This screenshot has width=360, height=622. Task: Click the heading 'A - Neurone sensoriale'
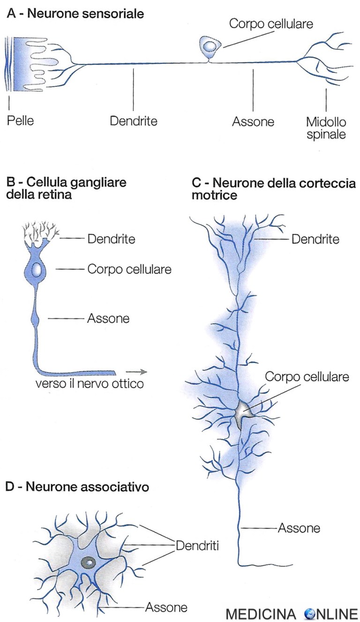pyautogui.click(x=75, y=14)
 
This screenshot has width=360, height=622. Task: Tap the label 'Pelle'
pyautogui.click(x=20, y=121)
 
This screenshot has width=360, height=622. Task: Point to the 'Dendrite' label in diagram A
pyautogui.click(x=133, y=121)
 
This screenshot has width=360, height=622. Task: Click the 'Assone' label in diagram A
pyautogui.click(x=253, y=122)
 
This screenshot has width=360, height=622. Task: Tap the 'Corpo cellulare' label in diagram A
pyautogui.click(x=271, y=23)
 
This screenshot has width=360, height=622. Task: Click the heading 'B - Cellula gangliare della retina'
pyautogui.click(x=66, y=187)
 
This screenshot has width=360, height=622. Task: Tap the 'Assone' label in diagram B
pyautogui.click(x=108, y=319)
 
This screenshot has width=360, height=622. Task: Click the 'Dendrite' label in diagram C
pyautogui.click(x=315, y=239)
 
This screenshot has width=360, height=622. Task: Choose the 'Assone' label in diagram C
pyautogui.click(x=299, y=528)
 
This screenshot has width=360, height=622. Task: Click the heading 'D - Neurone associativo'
pyautogui.click(x=77, y=487)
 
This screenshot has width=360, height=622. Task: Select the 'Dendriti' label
pyautogui.click(x=198, y=545)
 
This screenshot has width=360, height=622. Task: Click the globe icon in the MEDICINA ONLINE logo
pyautogui.click(x=310, y=614)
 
